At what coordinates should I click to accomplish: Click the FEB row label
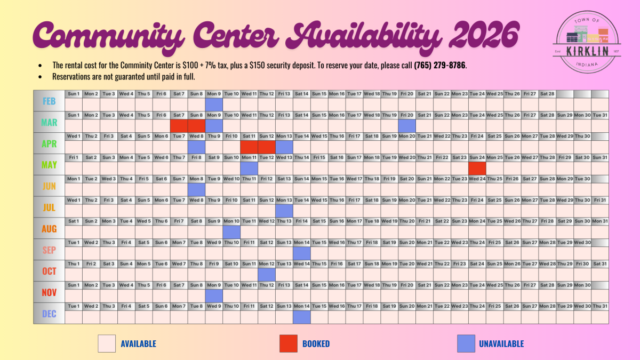pyautogui.click(x=49, y=101)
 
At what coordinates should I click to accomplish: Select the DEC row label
pyautogui.click(x=49, y=314)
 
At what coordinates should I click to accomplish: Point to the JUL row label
pyautogui.click(x=49, y=207)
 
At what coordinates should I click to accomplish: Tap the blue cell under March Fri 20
pyautogui.click(x=407, y=125)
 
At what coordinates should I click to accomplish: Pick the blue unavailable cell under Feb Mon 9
pyautogui.click(x=214, y=104)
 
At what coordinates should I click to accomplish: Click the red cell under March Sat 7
pyautogui.click(x=179, y=125)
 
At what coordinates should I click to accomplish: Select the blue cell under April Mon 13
pyautogui.click(x=284, y=147)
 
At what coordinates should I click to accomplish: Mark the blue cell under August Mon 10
pyautogui.click(x=231, y=232)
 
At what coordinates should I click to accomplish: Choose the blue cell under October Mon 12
pyautogui.click(x=267, y=274)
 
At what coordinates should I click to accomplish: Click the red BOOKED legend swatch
pyautogui.click(x=289, y=344)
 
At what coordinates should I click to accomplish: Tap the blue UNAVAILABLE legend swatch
pyautogui.click(x=466, y=344)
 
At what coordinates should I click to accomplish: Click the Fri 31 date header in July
pyautogui.click(x=600, y=200)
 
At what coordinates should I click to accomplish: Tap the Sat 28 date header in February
pyautogui.click(x=547, y=94)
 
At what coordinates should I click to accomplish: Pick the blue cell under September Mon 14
pyautogui.click(x=302, y=253)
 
